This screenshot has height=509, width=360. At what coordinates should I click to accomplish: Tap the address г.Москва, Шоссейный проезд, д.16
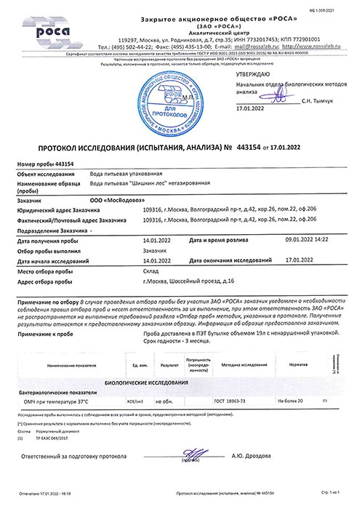[x=188, y=280]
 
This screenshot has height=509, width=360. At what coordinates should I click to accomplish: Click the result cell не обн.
[x=170, y=401]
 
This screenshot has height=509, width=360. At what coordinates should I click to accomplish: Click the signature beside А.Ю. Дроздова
[x=193, y=454]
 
